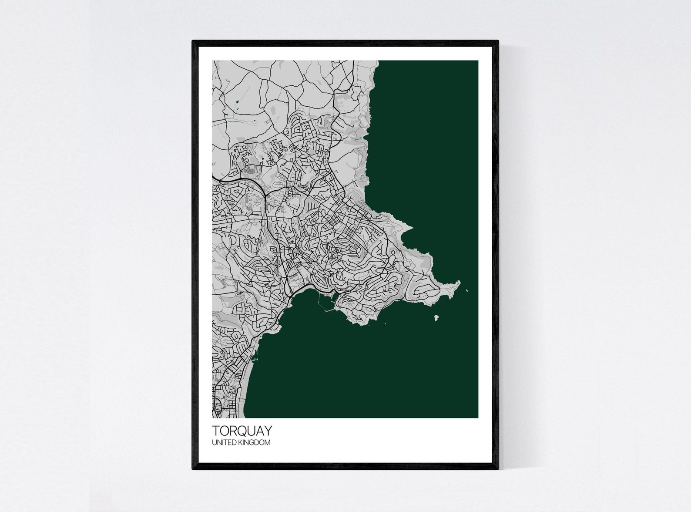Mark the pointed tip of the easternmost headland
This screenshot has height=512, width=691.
point(459,282)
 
